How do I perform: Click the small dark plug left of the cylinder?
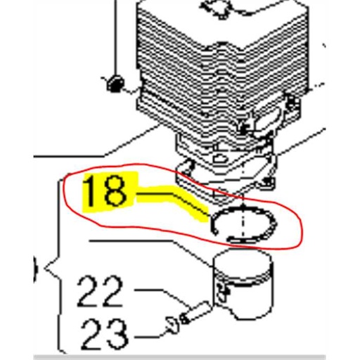tap(115, 84)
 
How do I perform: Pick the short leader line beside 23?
tap(148, 328)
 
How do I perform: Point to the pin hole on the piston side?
tap(226, 294)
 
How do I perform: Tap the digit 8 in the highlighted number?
tap(117, 192)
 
